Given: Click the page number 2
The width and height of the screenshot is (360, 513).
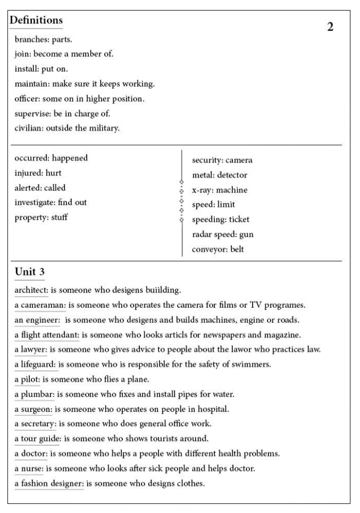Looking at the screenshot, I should pos(330,27).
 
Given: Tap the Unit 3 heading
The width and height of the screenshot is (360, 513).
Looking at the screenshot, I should pos(29,272).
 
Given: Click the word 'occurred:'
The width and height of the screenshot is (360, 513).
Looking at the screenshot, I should pos(32,158).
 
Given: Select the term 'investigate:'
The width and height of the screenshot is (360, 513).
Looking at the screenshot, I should pos(36,203).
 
